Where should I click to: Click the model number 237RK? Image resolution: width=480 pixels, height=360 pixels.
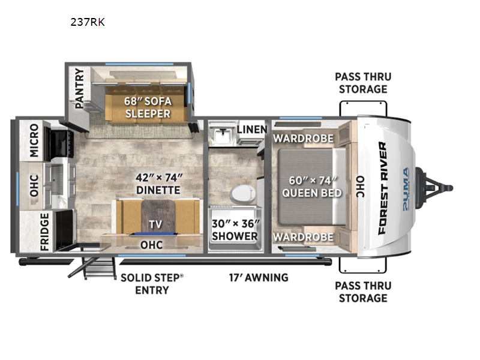(88, 22)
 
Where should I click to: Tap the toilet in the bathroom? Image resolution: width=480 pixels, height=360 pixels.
(244, 194)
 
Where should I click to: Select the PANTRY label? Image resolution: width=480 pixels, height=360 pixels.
(79, 88)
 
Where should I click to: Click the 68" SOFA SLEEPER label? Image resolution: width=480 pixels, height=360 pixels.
(148, 107)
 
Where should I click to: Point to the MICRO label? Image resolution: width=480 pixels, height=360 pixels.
(34, 140)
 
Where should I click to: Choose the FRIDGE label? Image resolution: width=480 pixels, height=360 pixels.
(44, 232)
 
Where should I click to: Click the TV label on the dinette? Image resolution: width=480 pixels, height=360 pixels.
(155, 224)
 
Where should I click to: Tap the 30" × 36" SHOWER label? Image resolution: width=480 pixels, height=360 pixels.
(235, 230)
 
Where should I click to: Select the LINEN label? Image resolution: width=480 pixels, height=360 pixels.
(252, 130)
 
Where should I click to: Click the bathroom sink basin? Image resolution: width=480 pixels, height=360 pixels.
(222, 135)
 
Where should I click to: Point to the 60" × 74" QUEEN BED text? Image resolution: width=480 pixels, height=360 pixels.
(311, 187)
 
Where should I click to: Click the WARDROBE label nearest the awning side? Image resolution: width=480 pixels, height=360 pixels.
(303, 237)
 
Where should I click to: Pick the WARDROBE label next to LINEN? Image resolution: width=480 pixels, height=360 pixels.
(303, 139)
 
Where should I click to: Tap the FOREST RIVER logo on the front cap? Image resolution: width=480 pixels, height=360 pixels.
(383, 188)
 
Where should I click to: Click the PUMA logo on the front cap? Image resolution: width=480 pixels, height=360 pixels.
(406, 189)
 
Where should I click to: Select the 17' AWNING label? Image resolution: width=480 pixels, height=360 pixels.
(259, 278)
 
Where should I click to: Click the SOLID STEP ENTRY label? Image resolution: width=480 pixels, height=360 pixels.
(152, 284)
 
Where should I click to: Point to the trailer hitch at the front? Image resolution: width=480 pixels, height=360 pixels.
(434, 188)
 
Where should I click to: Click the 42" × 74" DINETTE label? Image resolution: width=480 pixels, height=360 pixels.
(158, 184)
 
